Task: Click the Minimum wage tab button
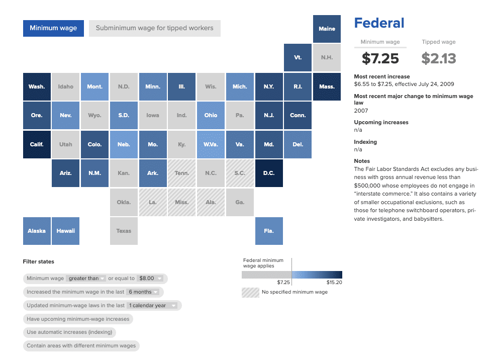53,28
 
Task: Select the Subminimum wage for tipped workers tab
154,28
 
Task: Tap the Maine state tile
327,29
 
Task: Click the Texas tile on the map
124,231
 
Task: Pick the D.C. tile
269,173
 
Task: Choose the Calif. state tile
37,144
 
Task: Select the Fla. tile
269,231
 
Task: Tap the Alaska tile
37,231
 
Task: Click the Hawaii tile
66,231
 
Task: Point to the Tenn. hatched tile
182,173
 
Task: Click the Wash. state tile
37,86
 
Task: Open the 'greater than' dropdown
86,279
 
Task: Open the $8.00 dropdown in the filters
151,279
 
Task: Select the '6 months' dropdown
143,292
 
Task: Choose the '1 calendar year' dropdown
153,306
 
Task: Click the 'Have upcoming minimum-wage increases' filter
78,319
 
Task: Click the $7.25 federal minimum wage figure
380,58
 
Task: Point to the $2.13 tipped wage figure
439,58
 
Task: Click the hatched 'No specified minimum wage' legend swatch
250,292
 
